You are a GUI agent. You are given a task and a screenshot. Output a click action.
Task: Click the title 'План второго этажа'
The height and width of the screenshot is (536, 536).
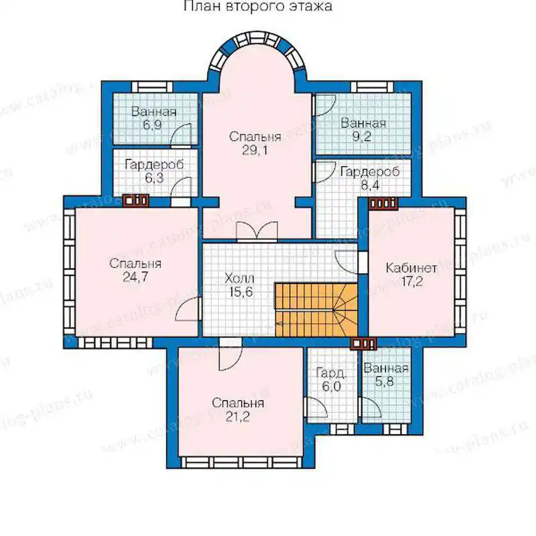[258, 6]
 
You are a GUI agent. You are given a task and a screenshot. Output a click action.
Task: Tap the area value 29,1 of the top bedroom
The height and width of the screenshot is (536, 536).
[255, 150]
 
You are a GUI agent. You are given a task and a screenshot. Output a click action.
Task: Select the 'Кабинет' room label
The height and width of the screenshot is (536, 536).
[411, 267]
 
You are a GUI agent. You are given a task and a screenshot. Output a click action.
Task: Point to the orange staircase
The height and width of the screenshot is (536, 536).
[316, 310]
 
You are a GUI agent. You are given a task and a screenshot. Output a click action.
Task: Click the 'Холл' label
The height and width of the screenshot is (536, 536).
[239, 278]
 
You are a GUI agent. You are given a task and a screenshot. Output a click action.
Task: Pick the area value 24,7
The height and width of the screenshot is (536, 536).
[136, 277]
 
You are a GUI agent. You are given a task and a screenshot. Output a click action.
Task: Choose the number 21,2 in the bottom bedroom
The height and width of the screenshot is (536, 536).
[238, 417]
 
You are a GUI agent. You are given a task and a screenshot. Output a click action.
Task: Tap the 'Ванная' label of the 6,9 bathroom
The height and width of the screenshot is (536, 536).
[154, 112]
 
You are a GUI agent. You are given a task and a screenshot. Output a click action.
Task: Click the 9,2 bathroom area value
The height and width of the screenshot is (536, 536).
[362, 137]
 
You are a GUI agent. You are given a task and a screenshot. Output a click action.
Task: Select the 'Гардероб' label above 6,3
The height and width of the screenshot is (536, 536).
[154, 164]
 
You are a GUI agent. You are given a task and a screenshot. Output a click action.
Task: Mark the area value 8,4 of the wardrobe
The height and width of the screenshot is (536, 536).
[371, 186]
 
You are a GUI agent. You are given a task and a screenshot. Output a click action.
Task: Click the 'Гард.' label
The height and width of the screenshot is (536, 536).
[331, 373]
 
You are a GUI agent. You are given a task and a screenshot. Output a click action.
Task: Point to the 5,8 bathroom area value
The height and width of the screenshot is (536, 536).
[384, 381]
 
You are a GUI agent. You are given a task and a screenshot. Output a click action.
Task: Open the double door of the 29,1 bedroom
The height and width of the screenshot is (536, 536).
[257, 232]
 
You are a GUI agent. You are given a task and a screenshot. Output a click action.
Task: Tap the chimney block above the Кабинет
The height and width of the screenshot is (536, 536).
[383, 203]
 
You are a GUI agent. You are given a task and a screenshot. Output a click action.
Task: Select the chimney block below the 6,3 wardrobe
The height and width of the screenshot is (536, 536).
[136, 200]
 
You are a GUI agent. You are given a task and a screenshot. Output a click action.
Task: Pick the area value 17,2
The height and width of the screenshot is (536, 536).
[412, 281]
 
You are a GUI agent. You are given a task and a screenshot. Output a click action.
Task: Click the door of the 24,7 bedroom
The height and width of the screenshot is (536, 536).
[188, 309]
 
